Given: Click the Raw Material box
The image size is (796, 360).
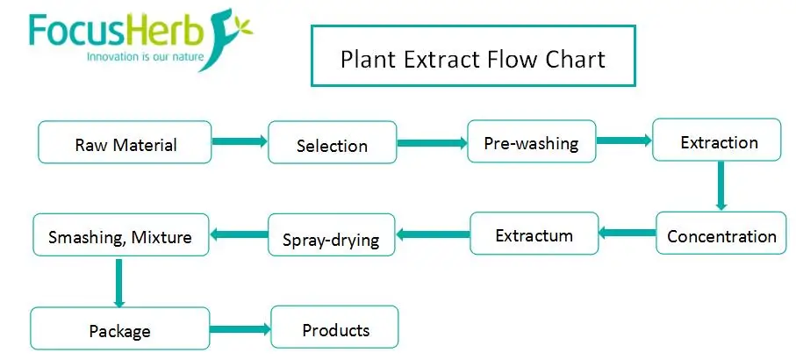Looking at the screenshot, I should [125, 142].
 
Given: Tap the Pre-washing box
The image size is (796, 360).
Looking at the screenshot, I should [530, 142].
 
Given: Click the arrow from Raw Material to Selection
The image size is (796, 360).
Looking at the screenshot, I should [239, 141].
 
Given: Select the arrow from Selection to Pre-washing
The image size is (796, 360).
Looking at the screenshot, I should [431, 141].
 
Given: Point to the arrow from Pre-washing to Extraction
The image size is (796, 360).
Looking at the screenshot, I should [623, 139].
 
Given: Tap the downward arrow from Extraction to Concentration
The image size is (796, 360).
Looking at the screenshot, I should [721, 186].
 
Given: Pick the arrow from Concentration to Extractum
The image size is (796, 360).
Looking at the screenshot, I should [627, 234].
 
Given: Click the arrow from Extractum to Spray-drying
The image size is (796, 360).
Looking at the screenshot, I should [433, 234].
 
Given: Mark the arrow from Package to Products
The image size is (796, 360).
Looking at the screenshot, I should [239, 329].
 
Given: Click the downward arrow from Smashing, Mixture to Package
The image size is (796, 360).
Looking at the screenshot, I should [118, 283].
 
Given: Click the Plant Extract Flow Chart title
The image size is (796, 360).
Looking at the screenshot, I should [472, 58].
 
